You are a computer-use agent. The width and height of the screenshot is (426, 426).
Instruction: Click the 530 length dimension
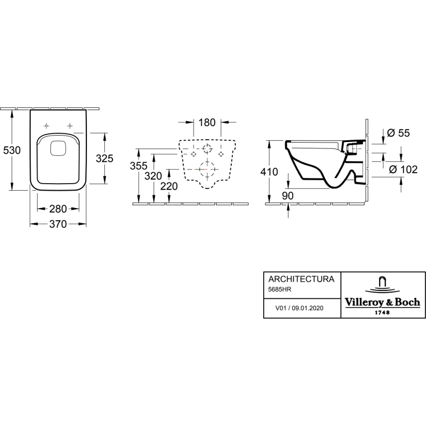12,150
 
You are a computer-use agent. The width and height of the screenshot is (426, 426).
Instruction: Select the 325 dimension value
104,158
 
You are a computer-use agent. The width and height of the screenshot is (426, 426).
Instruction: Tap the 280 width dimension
58,209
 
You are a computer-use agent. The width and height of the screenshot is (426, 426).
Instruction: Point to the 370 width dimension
58,224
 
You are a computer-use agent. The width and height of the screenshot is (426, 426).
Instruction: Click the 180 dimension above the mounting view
207,122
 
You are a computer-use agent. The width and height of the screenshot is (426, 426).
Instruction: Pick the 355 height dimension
139,166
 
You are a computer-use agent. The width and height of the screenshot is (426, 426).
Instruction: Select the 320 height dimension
153,176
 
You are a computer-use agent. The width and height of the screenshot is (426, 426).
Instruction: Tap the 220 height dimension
169,187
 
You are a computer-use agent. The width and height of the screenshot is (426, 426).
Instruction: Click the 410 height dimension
270,172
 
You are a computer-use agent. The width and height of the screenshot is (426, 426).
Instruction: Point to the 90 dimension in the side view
287,196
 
